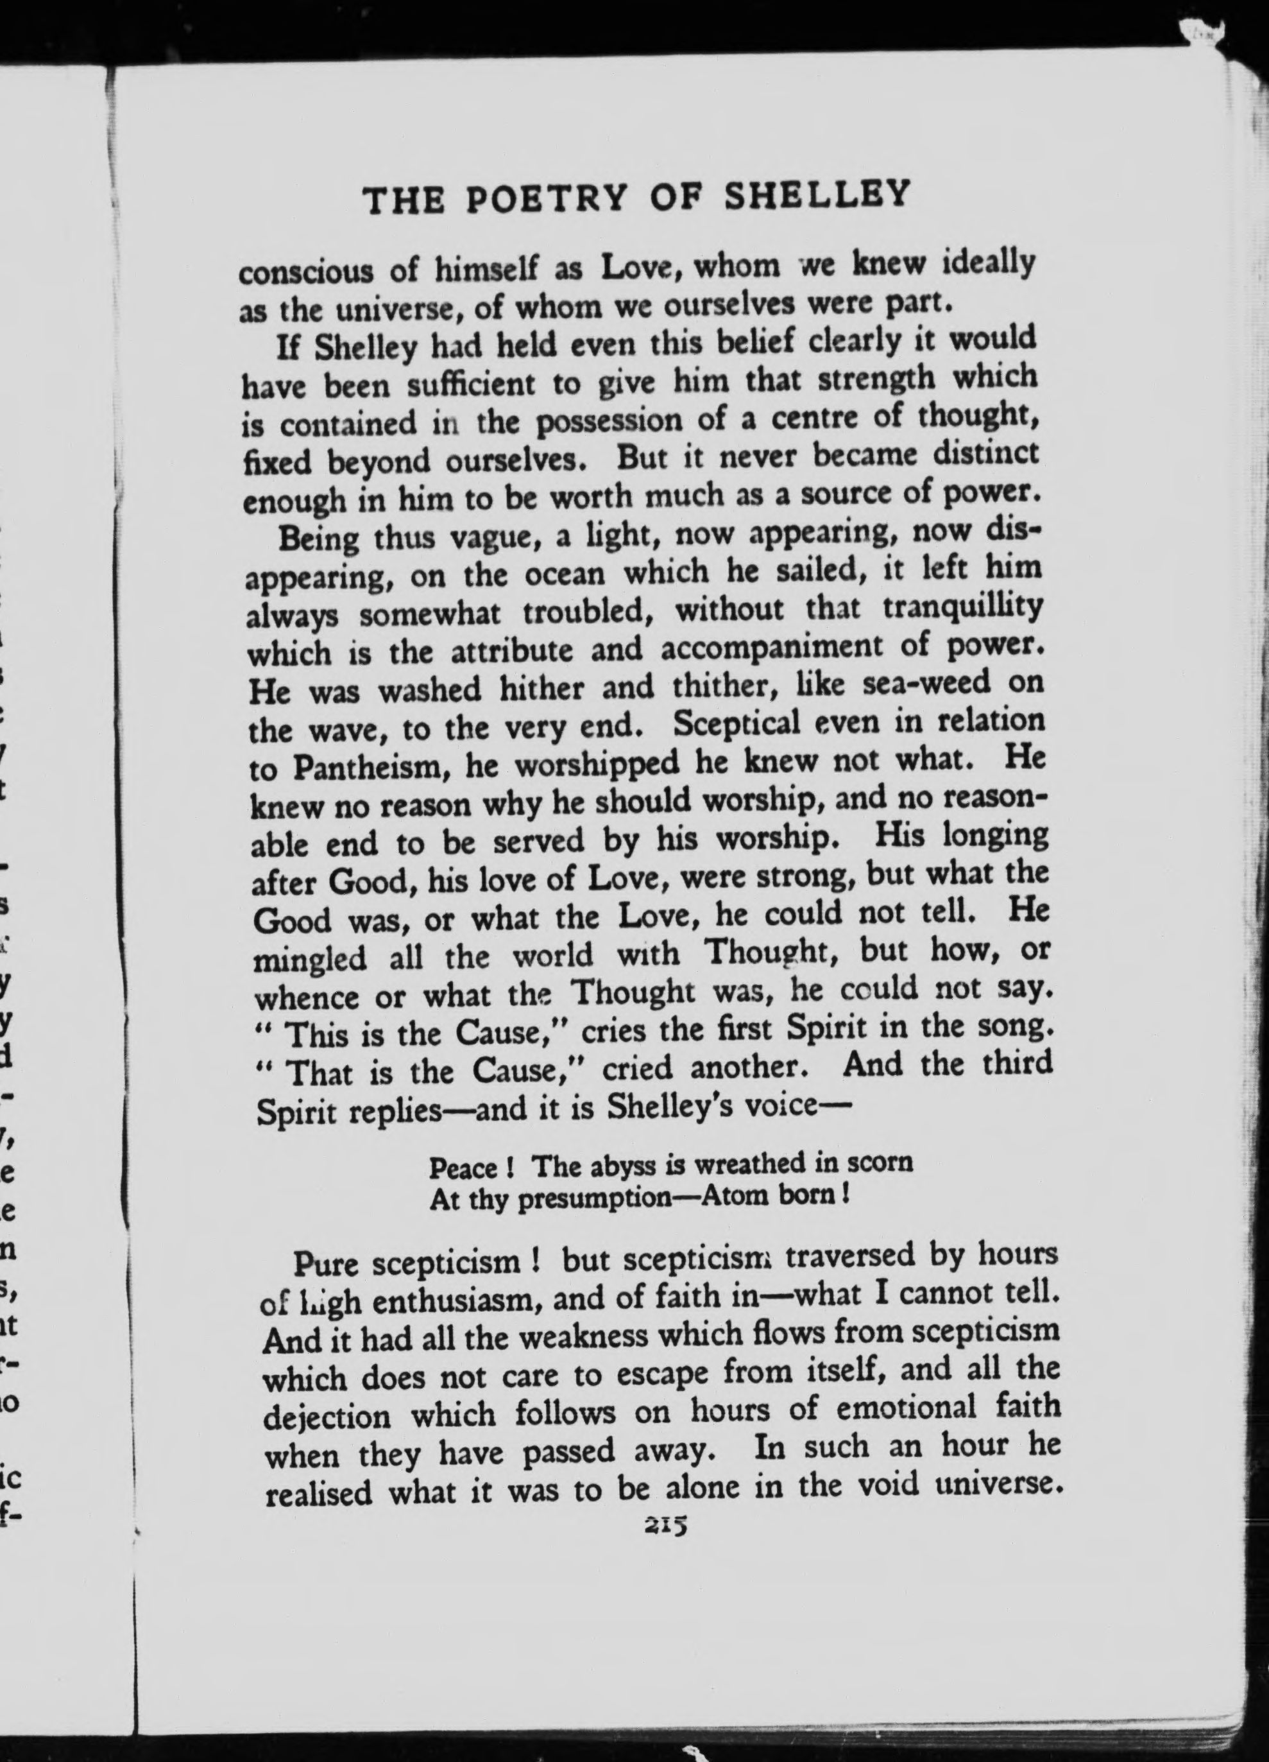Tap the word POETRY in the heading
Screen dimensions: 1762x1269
pos(547,200)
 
